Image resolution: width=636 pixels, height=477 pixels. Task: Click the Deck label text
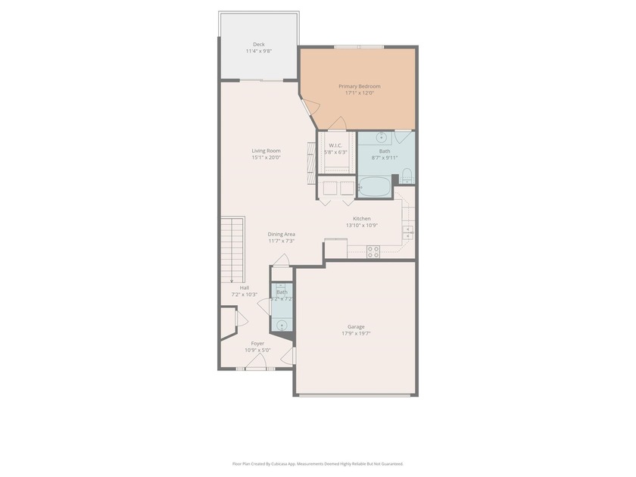tap(258, 45)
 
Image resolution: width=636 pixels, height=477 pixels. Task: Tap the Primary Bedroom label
tap(359, 86)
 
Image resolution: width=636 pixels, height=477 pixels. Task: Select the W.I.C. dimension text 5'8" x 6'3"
tap(335, 152)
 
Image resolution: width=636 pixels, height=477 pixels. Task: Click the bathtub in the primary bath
tap(374, 186)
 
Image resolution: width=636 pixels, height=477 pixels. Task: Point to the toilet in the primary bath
tap(407, 177)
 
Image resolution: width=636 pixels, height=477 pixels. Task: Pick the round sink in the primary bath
tap(382, 138)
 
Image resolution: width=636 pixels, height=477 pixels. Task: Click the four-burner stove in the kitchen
tap(373, 251)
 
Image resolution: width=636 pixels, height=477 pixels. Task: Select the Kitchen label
tap(361, 218)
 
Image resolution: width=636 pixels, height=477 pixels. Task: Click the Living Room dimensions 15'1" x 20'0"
tap(266, 157)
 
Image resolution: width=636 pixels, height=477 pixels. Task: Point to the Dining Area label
tap(281, 234)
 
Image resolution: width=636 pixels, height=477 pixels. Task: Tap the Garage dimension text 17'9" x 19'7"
tap(356, 333)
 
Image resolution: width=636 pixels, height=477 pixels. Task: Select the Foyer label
tap(257, 343)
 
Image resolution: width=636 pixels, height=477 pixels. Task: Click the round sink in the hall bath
tap(282, 326)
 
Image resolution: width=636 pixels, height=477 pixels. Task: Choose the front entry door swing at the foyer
tap(255, 364)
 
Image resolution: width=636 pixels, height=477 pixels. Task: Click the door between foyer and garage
tap(288, 355)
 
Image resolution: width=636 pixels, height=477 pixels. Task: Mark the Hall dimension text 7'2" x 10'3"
tap(244, 295)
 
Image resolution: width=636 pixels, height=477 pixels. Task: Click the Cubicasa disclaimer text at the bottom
tap(317, 463)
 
